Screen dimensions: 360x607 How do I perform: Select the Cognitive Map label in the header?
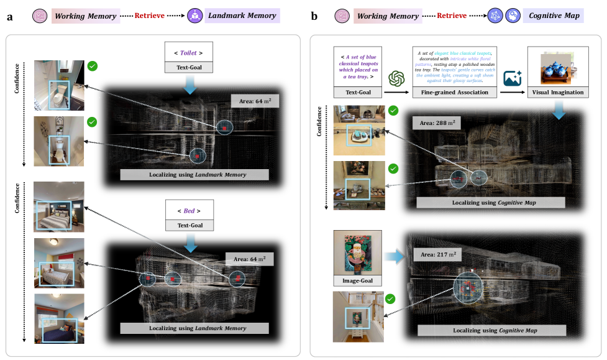point(554,16)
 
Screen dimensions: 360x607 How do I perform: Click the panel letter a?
point(10,16)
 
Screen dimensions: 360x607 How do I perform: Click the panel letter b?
point(315,16)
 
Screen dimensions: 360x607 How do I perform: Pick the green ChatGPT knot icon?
point(396,78)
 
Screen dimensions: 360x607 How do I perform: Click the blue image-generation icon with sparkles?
point(513,78)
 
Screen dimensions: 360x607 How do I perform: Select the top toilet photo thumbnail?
point(59,85)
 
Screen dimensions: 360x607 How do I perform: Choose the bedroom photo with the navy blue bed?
point(59,318)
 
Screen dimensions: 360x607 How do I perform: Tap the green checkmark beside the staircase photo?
point(390,299)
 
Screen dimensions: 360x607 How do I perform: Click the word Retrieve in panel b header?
point(452,16)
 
